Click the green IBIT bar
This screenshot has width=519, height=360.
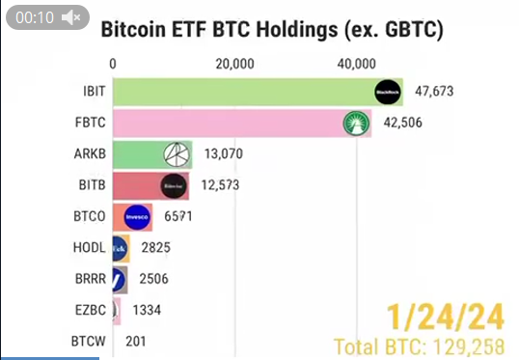pos(241,92)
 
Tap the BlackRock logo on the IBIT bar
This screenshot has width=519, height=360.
pos(388,92)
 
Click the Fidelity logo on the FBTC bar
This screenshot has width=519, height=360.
pos(358,123)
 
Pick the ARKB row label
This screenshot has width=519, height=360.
pos(89,154)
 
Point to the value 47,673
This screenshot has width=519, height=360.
pos(434,92)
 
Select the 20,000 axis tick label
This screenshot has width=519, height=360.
pos(235,64)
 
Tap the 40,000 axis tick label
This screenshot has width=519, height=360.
pos(357,64)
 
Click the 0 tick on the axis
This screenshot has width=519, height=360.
pos(114,64)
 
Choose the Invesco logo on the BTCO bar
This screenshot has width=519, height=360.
pos(138,217)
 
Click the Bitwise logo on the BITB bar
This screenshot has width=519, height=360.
pos(174,185)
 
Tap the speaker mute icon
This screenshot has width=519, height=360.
pos(70,17)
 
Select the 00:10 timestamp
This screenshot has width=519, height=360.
pos(33,17)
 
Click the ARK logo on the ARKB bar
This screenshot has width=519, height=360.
pos(177,154)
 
